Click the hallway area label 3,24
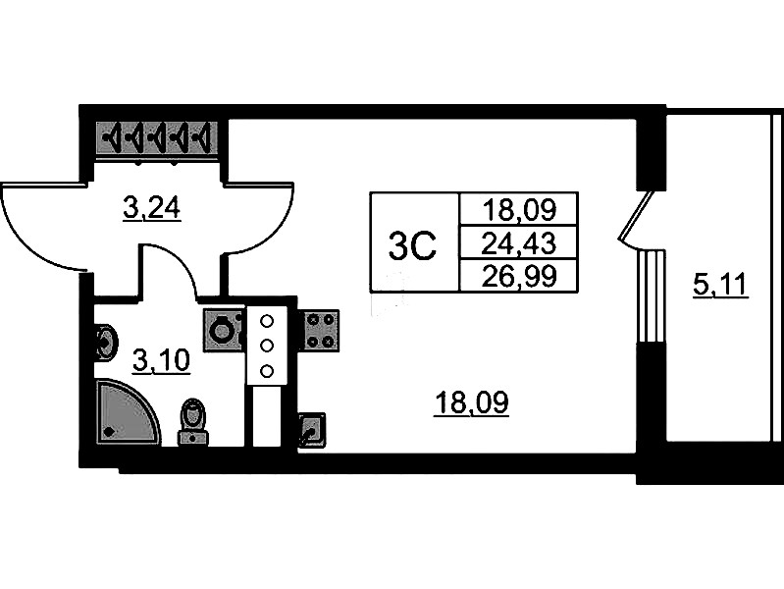click(x=152, y=208)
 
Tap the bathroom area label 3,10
click(x=162, y=361)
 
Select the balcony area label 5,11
click(x=720, y=285)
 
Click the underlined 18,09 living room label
click(x=472, y=402)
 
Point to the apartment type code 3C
click(x=412, y=245)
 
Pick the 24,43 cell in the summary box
click(x=519, y=243)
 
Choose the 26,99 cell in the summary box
click(x=519, y=276)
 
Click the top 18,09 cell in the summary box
click(x=519, y=210)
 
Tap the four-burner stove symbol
click(x=319, y=330)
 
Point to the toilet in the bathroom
click(x=193, y=421)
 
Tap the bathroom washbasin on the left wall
click(x=106, y=343)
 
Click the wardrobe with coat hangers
click(x=156, y=137)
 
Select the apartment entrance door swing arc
click(x=45, y=227)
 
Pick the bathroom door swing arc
click(x=169, y=271)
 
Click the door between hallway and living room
click(x=258, y=219)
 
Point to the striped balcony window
click(x=652, y=295)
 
